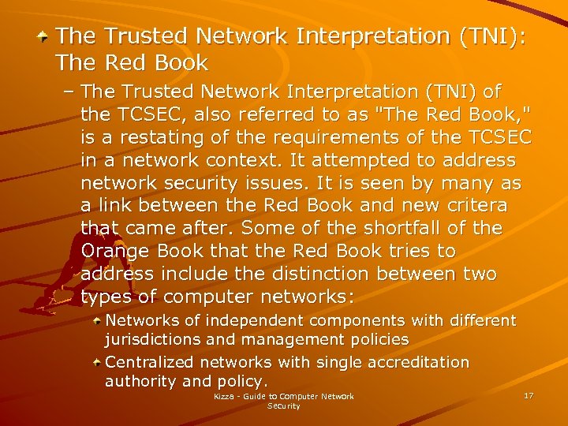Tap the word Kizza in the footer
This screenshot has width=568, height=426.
224,396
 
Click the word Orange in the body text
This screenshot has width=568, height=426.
114,251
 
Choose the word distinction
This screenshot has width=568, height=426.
349,274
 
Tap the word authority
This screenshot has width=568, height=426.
139,381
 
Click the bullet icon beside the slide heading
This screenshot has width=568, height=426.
47,36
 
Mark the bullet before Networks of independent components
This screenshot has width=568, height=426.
95,322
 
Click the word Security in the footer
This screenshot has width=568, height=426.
284,405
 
